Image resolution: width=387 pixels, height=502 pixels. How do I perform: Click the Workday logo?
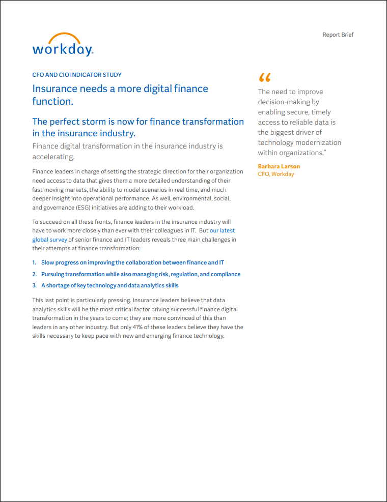[63, 45]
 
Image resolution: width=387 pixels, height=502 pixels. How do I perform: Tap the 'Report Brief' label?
[338, 35]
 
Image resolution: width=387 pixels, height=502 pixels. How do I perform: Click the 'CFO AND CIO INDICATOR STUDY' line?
[76, 75]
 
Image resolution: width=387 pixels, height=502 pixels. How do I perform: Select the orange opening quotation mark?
[264, 78]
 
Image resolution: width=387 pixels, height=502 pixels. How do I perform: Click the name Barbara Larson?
[279, 166]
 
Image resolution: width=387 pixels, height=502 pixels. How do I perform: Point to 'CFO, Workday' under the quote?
[275, 174]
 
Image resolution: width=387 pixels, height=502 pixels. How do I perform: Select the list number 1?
[34, 263]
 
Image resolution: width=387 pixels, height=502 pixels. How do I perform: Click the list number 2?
[34, 274]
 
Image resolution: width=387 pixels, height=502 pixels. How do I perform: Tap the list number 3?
[34, 285]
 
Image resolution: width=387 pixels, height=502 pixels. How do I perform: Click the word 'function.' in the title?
[53, 101]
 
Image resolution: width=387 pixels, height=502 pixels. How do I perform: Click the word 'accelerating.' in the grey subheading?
[53, 157]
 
